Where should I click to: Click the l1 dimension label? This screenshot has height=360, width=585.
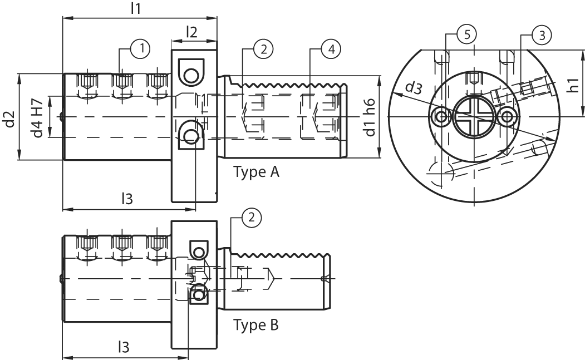pos(135,8)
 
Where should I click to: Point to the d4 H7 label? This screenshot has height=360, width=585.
pos(38,117)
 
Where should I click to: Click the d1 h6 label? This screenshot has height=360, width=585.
pos(370,118)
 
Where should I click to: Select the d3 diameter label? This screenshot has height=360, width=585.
pos(412,87)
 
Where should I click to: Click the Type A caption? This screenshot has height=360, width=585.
pos(256,171)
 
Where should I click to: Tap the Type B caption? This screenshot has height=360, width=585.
pos(256,324)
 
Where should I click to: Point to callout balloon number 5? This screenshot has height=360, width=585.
pos(466,34)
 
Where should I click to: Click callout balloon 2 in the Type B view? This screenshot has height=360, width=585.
pos(252,218)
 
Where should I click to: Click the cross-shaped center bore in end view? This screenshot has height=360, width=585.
pos(473,117)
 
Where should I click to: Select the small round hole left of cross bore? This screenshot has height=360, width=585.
pos(441,117)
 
